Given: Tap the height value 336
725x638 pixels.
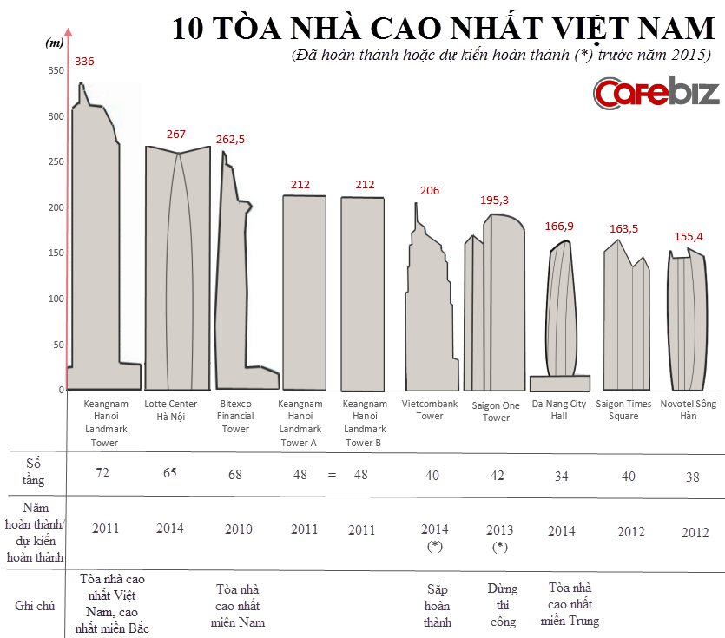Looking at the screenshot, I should click(84, 62).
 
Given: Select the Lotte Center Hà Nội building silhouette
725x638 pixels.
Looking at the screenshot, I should click(177, 269).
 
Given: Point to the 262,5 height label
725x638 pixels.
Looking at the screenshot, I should click(230, 139).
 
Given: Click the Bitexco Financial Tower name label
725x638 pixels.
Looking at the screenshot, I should click(235, 417).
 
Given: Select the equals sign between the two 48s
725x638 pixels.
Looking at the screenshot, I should click(331, 475).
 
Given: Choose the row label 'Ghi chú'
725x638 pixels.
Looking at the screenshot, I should click(35, 605).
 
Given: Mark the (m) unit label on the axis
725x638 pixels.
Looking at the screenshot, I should click(53, 42).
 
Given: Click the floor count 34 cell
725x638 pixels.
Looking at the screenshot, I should click(560, 475).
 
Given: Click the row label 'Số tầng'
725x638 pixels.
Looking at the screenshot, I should click(34, 472).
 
